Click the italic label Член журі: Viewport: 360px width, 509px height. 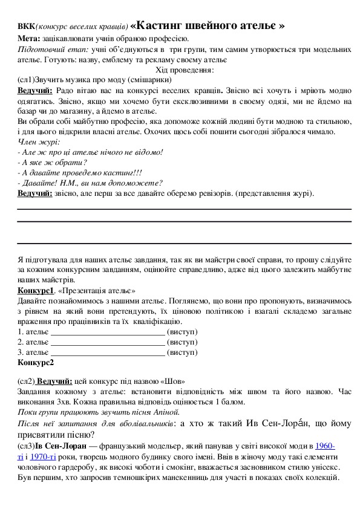39,142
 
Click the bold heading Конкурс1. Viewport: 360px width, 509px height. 36,291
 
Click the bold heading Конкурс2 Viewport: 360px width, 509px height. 36,363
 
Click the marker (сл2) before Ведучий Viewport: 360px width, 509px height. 25,381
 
